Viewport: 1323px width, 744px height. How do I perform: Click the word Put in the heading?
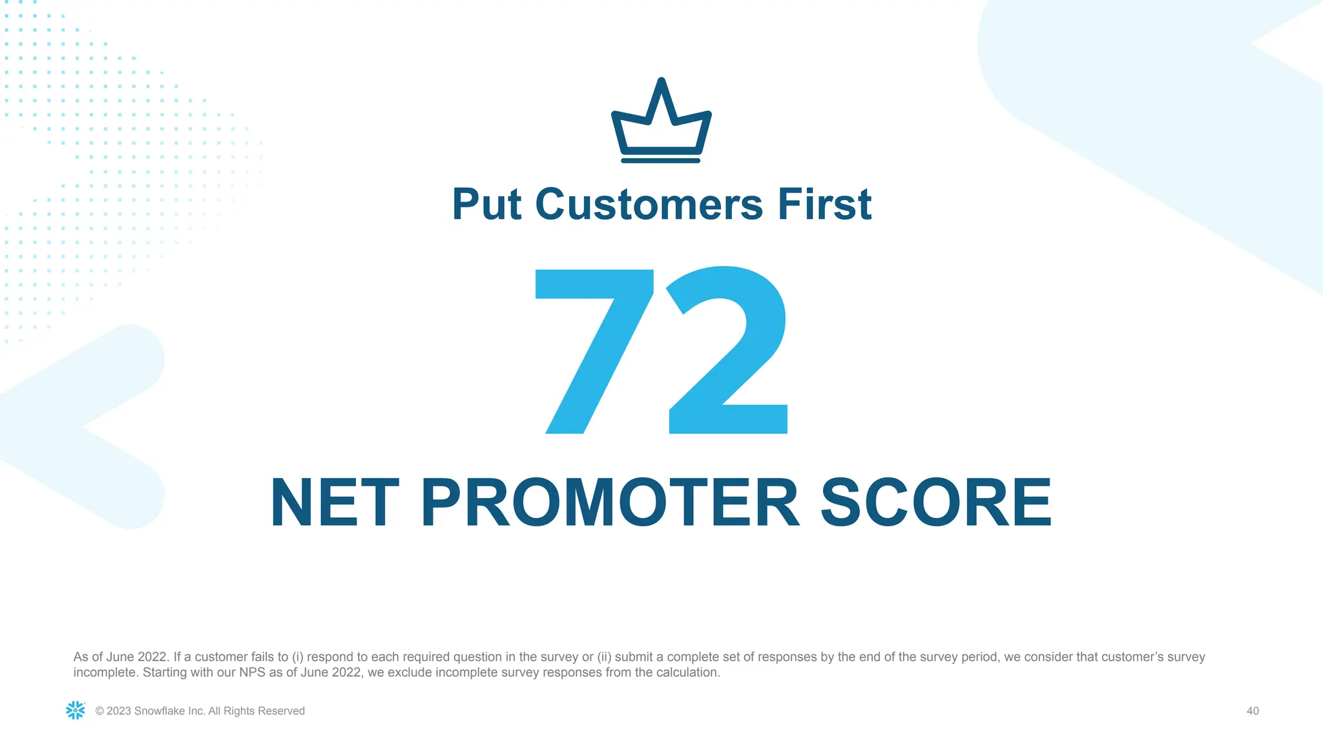[x=486, y=205]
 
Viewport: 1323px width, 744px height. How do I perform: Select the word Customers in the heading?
[x=649, y=205]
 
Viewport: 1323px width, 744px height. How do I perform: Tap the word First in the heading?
[x=824, y=205]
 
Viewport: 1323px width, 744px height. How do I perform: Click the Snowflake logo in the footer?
[x=76, y=710]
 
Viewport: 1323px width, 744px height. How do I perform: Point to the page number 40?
[x=1253, y=711]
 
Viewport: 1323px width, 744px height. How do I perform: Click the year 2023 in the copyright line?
[x=119, y=711]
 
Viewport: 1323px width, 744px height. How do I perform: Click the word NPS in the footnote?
[x=253, y=672]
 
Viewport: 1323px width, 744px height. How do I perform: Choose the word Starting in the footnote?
[x=165, y=672]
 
